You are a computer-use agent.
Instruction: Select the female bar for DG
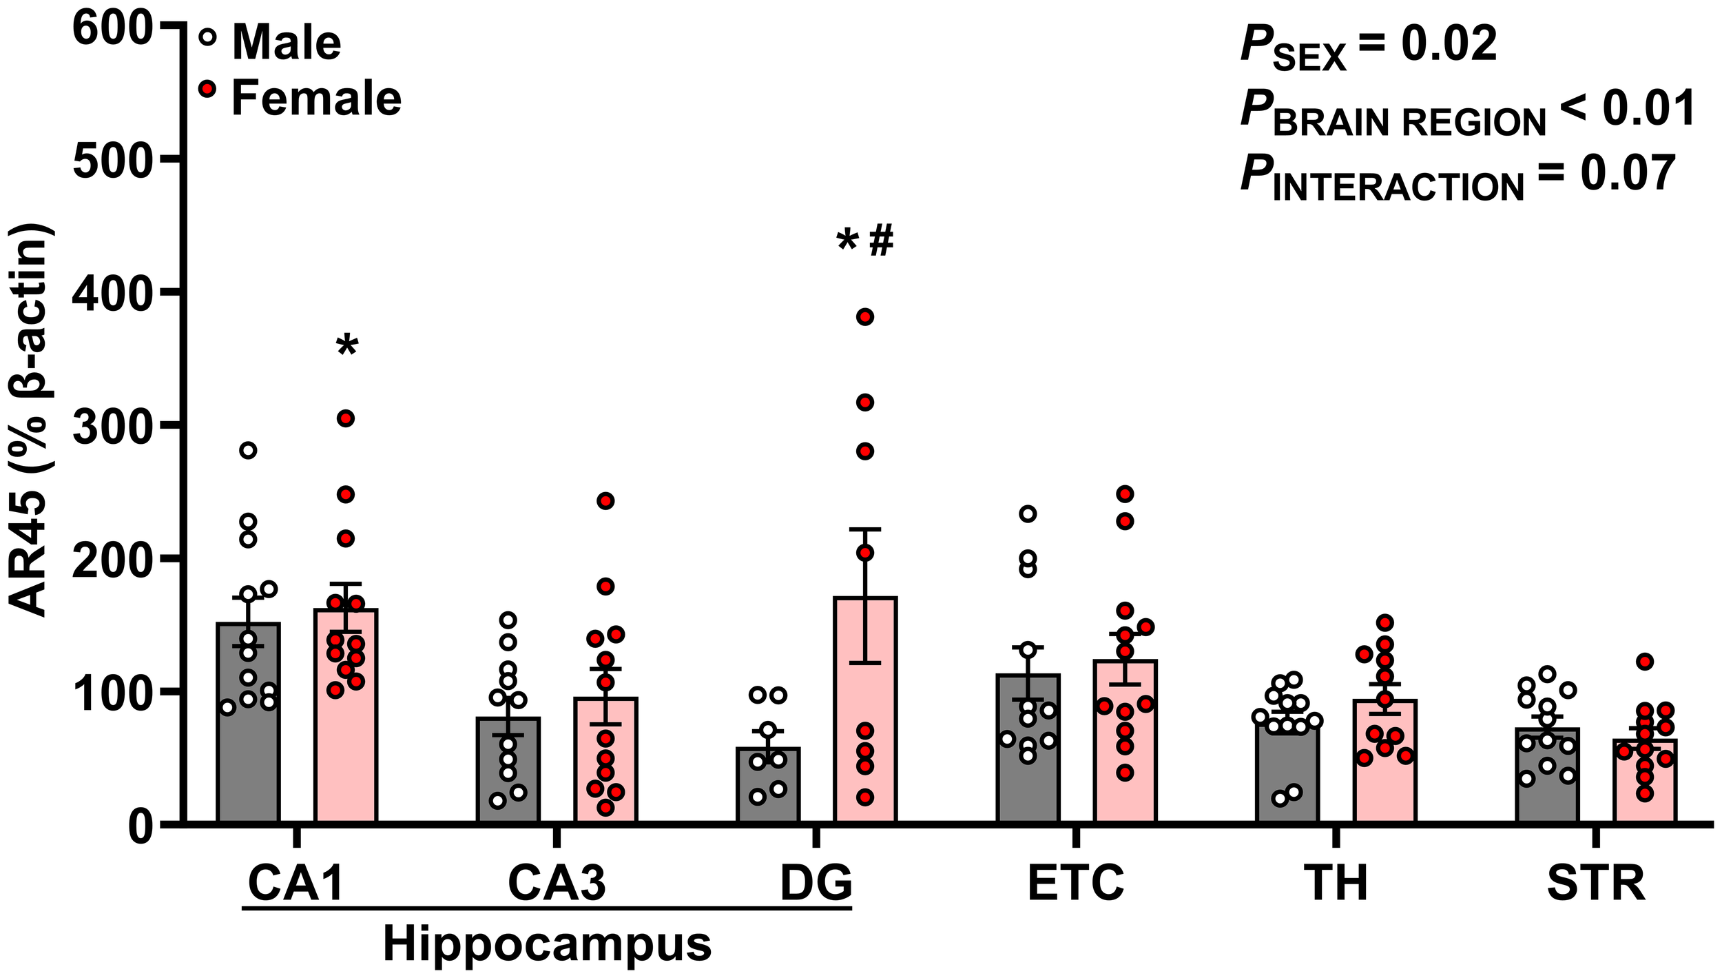[864, 709]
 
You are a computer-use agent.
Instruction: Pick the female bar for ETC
[1125, 741]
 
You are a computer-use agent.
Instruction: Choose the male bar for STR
[1547, 775]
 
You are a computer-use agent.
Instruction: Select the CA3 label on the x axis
[557, 883]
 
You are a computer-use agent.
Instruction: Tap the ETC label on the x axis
[1076, 883]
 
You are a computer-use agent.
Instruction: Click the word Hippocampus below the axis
[547, 944]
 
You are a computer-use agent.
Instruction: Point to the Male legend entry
[286, 43]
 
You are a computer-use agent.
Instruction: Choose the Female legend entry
[315, 98]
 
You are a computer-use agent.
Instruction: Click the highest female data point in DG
[864, 317]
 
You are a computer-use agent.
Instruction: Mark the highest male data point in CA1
[248, 451]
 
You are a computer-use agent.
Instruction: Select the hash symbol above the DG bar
[881, 241]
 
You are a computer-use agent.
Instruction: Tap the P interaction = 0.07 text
[1457, 176]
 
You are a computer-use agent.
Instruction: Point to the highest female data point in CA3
[605, 501]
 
